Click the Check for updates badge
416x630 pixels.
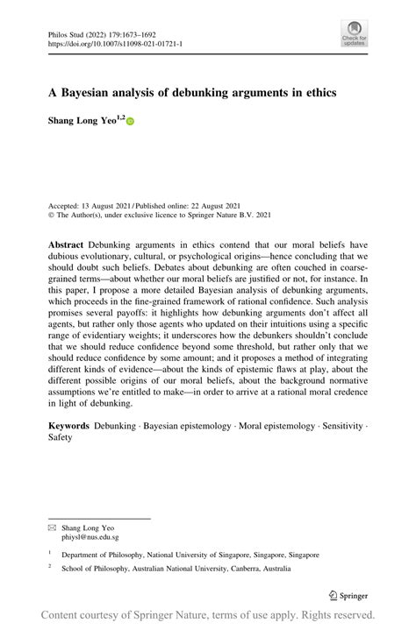tap(354, 32)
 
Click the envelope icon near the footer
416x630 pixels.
tap(53, 528)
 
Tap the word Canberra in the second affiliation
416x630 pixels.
tap(237, 567)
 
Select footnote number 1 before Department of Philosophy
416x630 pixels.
tap(50, 553)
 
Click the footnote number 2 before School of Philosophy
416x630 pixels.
tap(50, 565)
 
